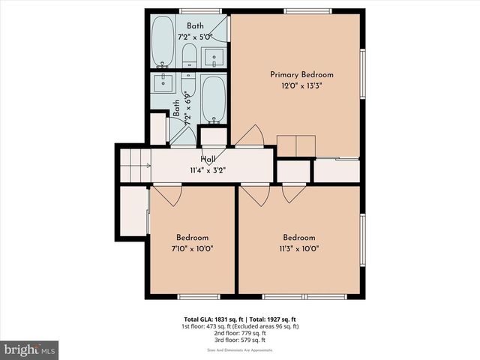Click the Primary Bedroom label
[x=301, y=75]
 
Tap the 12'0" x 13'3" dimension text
[x=301, y=86]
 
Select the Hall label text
[x=208, y=160]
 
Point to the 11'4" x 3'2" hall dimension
[x=208, y=170]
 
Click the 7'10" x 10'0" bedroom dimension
[x=192, y=249]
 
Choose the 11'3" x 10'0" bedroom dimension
[x=298, y=249]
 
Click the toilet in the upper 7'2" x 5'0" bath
[x=189, y=54]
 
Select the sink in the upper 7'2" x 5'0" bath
[x=214, y=56]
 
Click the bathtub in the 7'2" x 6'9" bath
[x=213, y=98]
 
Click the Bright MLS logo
[x=29, y=350]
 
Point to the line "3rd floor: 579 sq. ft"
[x=240, y=340]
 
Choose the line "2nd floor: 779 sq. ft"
[x=240, y=334]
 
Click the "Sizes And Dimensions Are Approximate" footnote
[x=240, y=350]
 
